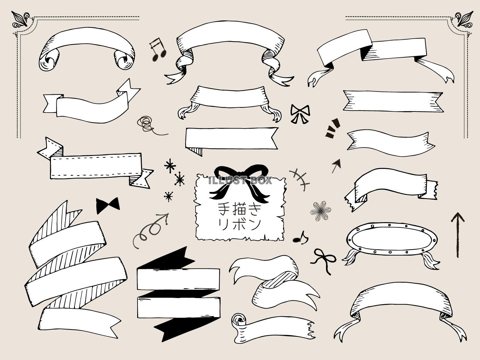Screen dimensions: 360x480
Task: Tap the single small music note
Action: tap(300, 238)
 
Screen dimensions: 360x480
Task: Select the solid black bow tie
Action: tap(108, 206)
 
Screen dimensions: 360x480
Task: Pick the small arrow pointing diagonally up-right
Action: tap(336, 165)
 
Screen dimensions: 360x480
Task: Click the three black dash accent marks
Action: tap(332, 128)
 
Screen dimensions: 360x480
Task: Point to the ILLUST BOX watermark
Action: tap(240, 181)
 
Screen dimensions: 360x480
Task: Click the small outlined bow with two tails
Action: tap(300, 114)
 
